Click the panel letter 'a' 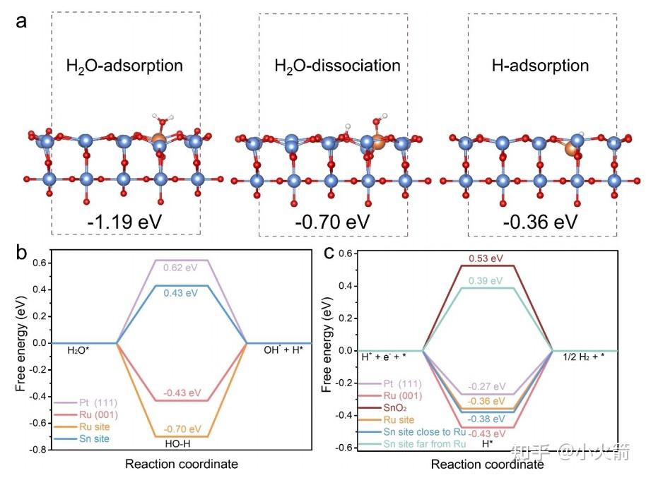click(22, 20)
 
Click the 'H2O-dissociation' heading click(337, 66)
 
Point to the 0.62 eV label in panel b click(182, 268)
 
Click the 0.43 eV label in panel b click(182, 293)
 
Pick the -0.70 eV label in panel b click(182, 428)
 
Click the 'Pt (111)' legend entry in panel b click(87, 403)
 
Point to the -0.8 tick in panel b click(43, 450)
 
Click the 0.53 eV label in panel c click(488, 258)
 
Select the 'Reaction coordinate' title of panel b click(182, 464)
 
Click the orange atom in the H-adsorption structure click(570, 148)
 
